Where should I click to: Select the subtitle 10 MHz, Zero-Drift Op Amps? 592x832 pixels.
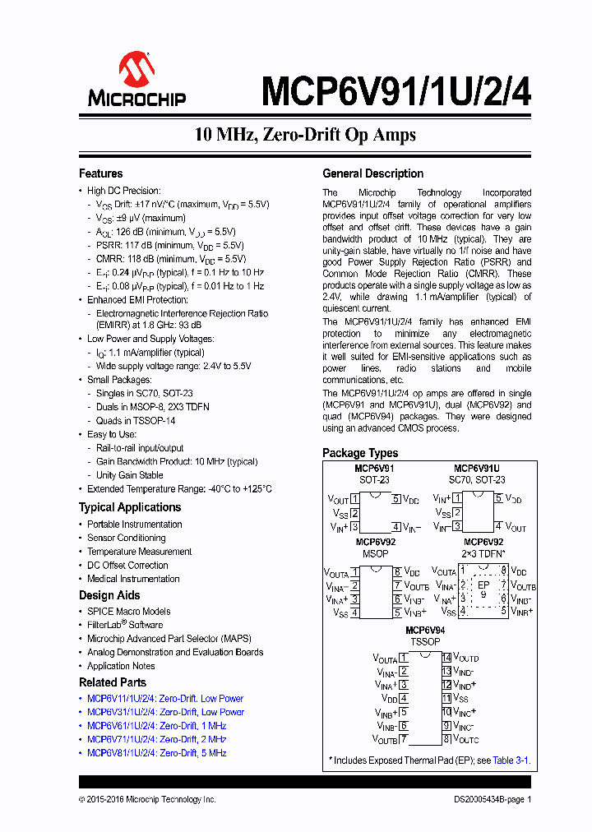305,134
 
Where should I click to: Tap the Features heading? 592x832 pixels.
100,173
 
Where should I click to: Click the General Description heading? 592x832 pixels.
372,173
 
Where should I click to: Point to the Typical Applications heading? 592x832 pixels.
129,507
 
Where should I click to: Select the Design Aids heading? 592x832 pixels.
109,595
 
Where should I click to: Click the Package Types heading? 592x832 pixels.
359,453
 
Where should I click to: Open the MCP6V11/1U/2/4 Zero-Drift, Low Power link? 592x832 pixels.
165,699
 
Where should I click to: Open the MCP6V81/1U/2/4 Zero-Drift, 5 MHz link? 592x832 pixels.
156,753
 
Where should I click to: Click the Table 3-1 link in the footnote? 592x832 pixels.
511,761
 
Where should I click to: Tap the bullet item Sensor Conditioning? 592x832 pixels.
126,538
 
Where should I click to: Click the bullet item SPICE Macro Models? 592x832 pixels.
128,612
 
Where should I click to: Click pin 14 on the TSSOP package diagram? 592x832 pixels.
446,658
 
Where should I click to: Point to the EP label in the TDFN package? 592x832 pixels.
483,585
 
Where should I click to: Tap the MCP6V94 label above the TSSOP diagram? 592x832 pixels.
426,630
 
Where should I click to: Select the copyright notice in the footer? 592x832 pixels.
147,799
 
